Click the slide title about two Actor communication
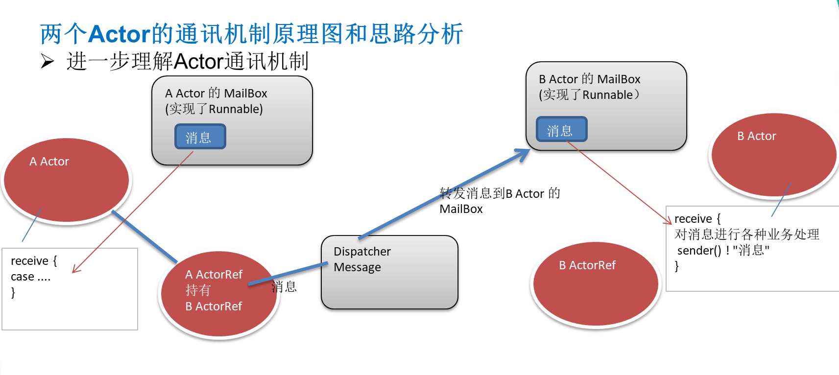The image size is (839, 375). point(251,34)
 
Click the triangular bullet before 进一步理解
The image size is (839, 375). point(48,62)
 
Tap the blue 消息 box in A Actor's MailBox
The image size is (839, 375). point(200,137)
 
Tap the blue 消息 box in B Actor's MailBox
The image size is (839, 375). point(561,129)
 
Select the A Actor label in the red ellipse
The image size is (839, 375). point(49,162)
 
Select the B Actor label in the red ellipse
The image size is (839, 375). point(757,136)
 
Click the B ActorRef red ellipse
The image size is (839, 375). point(596,284)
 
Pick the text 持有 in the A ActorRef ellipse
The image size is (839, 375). point(198,290)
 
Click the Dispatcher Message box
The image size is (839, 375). point(389,272)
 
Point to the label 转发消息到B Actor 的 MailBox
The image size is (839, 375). point(499,201)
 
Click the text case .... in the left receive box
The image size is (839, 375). point(30,277)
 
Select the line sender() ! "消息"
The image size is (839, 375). point(723,251)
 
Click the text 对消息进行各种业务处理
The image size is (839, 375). point(746,234)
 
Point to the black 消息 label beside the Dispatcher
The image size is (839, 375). point(285,287)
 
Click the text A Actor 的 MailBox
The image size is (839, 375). point(216,93)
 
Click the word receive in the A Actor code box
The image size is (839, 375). point(29,261)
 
